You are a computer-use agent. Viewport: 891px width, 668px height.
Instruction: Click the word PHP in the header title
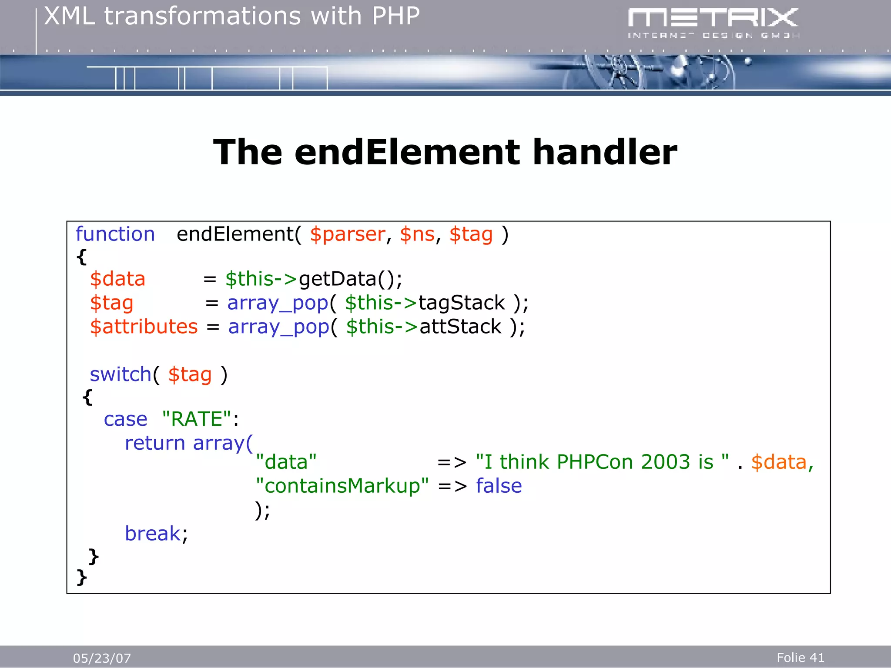coord(395,17)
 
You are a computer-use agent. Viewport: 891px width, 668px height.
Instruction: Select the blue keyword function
coord(115,234)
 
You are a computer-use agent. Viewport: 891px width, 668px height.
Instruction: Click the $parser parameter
coord(347,235)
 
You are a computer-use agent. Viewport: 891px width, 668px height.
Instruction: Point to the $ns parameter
coord(417,235)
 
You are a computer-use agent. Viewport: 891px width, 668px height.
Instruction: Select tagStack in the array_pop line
coord(461,303)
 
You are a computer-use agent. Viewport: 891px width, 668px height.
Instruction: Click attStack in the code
coord(460,327)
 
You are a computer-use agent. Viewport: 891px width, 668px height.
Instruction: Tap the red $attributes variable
coord(144,327)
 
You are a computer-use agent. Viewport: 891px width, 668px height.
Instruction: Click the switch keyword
coord(120,375)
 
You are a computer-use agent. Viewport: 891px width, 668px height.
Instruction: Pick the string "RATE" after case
coord(197,420)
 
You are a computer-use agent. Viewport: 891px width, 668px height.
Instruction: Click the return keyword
coord(155,444)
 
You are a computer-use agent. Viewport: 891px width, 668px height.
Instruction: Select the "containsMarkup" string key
coord(342,486)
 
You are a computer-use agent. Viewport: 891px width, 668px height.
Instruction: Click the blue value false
coord(499,486)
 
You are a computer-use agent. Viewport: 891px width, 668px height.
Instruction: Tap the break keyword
coord(153,534)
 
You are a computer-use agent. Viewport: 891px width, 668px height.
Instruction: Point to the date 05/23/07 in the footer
coord(102,658)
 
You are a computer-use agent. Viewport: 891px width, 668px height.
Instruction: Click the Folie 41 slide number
coord(800,658)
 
